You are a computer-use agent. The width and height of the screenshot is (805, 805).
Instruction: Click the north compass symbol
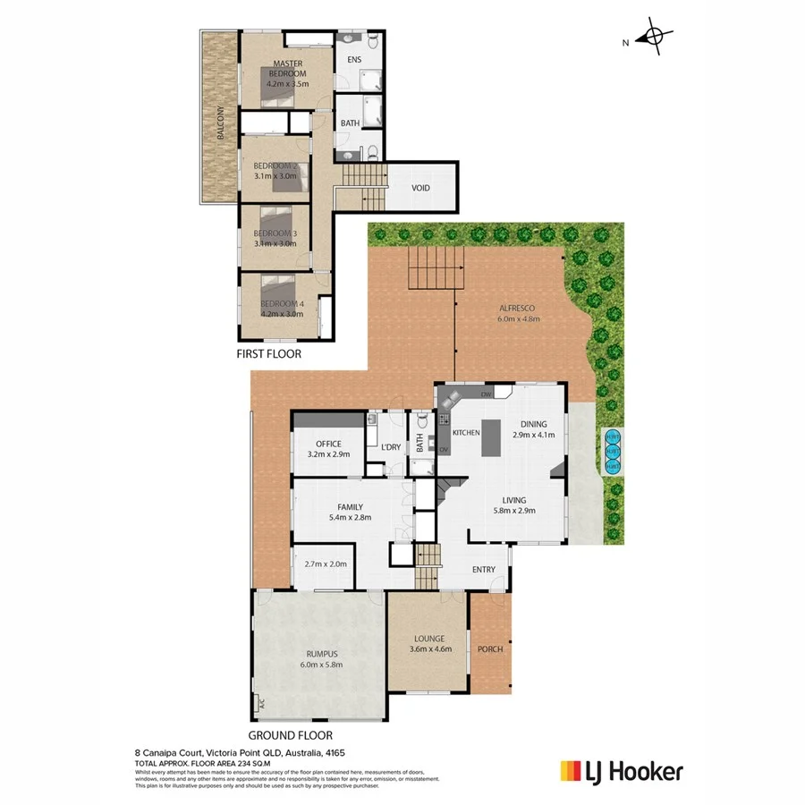[x=654, y=38]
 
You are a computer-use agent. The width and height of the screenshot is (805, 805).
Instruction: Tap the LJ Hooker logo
[x=621, y=770]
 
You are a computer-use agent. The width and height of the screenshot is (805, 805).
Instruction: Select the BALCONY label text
[x=220, y=124]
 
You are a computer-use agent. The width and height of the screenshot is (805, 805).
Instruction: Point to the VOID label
[x=420, y=188]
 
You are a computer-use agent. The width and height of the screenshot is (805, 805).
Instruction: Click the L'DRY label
[x=390, y=446]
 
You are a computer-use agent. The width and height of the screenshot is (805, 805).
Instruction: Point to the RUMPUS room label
[x=320, y=658]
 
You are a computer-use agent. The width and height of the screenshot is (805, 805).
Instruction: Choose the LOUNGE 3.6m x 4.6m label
[x=428, y=645]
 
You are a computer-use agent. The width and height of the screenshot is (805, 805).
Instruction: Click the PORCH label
[x=490, y=648]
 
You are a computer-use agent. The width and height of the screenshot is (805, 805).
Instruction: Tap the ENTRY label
[x=482, y=570]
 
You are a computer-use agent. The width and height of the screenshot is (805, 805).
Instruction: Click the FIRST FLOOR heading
[x=268, y=354]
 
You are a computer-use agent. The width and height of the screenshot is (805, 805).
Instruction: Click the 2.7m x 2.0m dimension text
[x=326, y=564]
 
